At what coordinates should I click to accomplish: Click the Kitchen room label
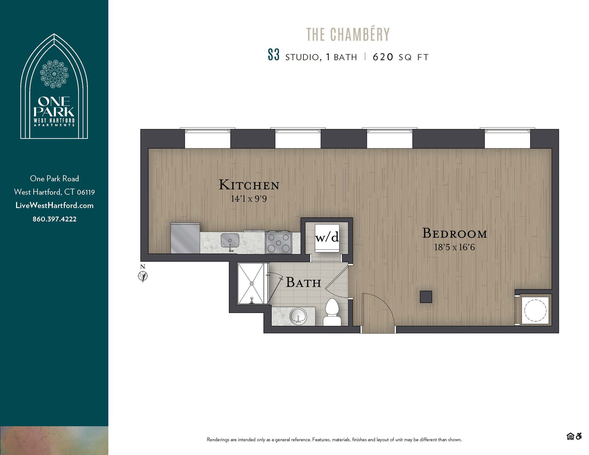(x=249, y=185)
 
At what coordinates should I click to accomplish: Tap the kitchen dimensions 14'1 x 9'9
(x=249, y=199)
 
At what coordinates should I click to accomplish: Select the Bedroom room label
(x=455, y=234)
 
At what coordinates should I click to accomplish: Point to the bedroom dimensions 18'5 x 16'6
(x=454, y=247)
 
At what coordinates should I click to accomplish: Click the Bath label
(x=303, y=283)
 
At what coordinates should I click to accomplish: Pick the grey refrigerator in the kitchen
(x=185, y=238)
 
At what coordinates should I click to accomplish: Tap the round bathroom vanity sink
(x=298, y=316)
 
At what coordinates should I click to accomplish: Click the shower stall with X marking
(x=251, y=284)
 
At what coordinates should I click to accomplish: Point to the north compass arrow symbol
(x=143, y=276)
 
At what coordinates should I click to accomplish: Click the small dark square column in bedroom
(x=426, y=296)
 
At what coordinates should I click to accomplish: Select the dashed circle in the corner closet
(x=535, y=310)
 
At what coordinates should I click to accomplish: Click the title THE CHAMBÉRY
(x=348, y=34)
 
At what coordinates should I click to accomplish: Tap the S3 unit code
(x=273, y=55)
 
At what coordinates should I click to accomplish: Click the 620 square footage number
(x=383, y=57)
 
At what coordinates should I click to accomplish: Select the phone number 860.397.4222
(x=55, y=219)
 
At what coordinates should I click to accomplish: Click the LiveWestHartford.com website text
(x=55, y=206)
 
